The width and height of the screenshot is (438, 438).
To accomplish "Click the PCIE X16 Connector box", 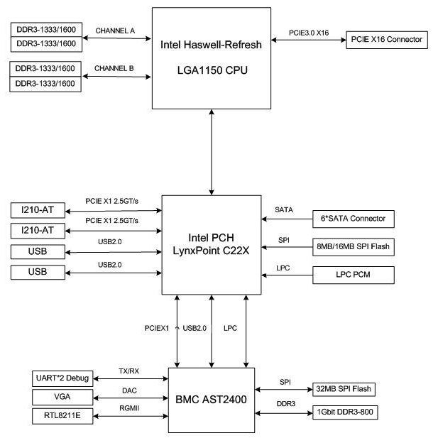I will coord(386,40).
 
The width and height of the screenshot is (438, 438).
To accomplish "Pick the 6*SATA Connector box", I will coord(353,219).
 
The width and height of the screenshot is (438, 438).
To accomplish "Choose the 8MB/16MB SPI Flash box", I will coord(353,247).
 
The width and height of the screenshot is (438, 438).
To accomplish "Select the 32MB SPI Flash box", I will coord(343,389).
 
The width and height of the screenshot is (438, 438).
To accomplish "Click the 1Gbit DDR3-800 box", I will coord(343,411).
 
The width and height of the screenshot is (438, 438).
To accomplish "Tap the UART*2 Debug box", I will coord(62,378).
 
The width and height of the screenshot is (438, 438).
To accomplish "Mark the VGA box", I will coord(62,396).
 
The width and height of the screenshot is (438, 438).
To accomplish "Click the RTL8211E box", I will coord(62,415).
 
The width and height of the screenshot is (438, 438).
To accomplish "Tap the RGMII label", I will coord(129,408).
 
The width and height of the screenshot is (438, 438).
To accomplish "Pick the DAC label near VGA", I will coord(129,390).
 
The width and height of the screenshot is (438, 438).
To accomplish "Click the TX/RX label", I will coord(129,371).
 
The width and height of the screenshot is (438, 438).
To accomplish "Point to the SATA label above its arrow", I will coord(284,210).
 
